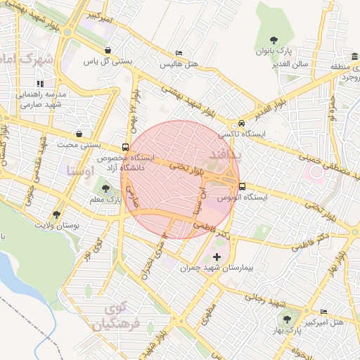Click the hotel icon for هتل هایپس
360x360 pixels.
coord(179,53)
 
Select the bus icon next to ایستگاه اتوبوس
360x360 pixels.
coord(243,186)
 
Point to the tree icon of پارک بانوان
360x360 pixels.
coord(274,40)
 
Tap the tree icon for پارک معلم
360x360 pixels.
coord(105,188)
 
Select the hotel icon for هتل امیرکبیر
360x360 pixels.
coord(323,311)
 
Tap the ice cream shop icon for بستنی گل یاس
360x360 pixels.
coord(107,50)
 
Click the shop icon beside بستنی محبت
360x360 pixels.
coord(79,133)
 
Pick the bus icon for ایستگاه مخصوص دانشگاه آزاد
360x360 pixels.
coord(125,147)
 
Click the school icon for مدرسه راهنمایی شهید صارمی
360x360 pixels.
coord(50,84)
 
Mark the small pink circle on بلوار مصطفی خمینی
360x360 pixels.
coord(316,171)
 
